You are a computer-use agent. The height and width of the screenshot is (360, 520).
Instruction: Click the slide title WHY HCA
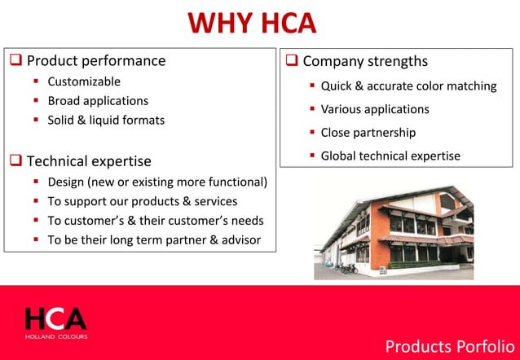252,22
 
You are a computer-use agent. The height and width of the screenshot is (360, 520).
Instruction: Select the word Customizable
84,81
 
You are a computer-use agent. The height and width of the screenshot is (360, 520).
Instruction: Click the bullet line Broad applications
98,101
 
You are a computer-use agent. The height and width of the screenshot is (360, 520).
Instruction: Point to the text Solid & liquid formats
106,121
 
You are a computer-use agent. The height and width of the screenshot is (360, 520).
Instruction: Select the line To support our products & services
143,201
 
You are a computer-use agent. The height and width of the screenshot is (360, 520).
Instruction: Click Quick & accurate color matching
408,86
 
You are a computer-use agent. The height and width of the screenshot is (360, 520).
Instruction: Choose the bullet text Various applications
375,109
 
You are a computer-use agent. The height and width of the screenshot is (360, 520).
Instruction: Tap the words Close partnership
368,132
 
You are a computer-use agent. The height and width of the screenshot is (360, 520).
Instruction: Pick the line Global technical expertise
390,156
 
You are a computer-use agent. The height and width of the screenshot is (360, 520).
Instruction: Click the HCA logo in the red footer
55,319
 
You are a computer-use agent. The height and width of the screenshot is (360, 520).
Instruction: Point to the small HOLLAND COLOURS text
55,336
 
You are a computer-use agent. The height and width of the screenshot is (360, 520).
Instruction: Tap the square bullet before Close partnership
312,133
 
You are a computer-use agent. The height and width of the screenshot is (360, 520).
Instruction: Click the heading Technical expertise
89,161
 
